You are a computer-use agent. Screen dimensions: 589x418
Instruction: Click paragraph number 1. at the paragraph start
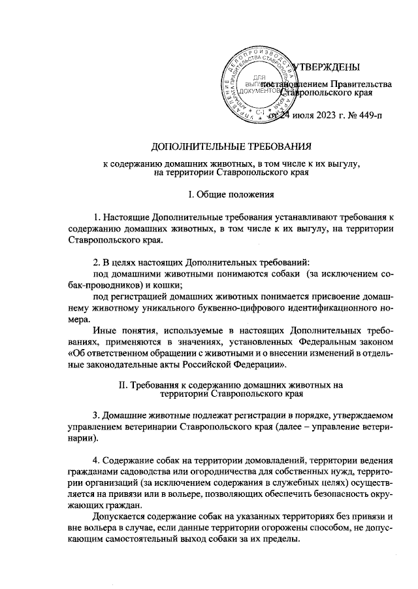pos(97,216)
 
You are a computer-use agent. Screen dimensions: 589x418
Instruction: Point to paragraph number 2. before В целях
pos(97,261)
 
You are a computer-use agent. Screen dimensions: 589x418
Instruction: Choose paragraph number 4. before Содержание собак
pos(97,460)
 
